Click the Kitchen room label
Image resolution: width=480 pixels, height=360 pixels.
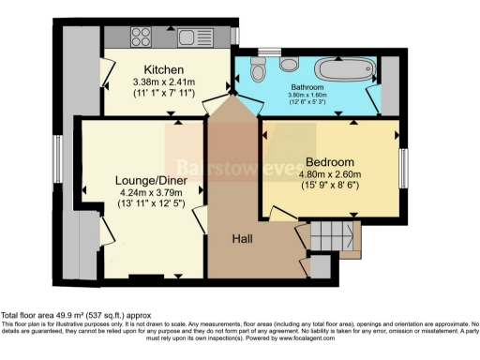coord(163,69)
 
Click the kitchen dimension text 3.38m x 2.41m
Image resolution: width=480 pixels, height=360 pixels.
coord(163,82)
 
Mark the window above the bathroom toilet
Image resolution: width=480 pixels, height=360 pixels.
coord(270,50)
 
